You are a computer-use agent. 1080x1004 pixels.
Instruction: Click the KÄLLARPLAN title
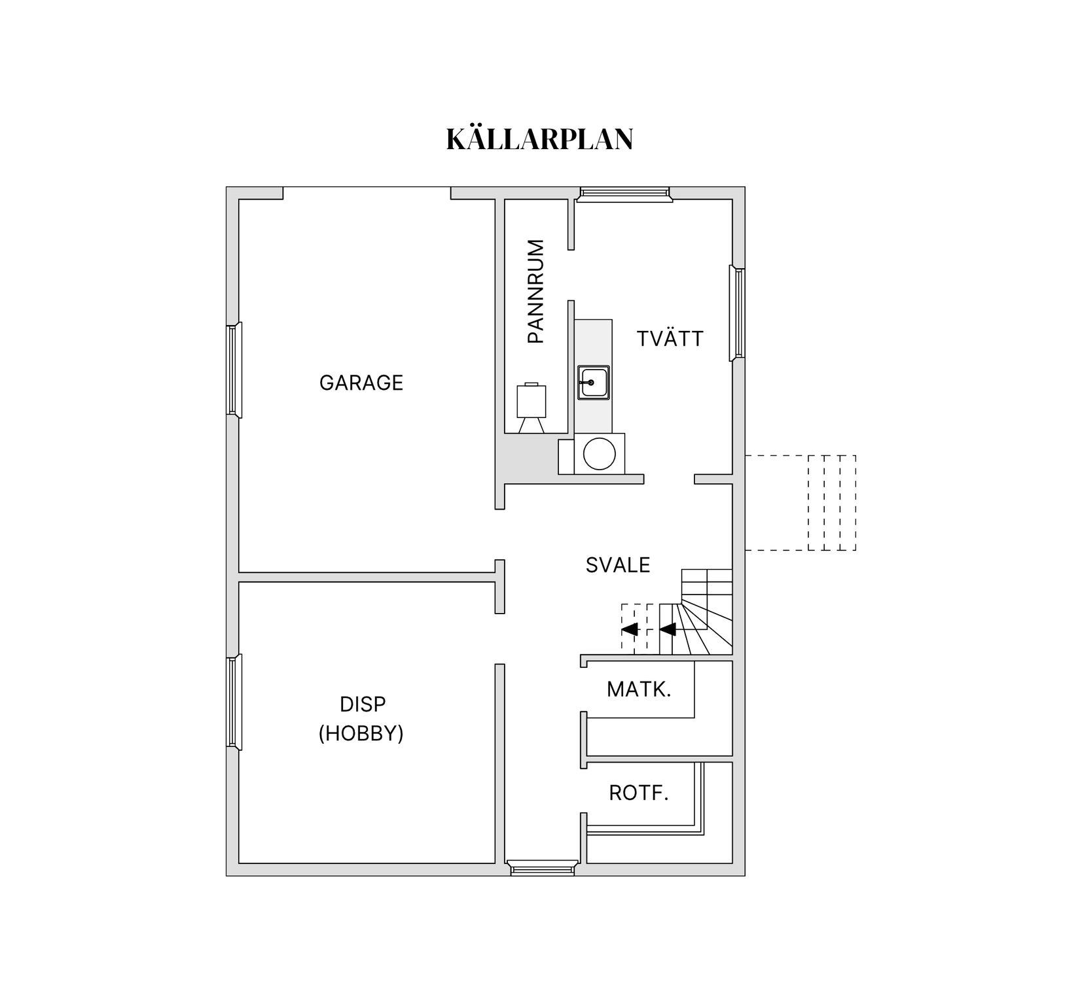[539, 139]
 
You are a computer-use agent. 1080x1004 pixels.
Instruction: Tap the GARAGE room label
[361, 383]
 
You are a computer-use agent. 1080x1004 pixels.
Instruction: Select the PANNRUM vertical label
[535, 291]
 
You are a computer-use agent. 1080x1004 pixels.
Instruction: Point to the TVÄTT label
[670, 339]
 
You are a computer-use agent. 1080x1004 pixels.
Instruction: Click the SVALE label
[618, 565]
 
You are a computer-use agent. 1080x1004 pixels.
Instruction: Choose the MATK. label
[639, 689]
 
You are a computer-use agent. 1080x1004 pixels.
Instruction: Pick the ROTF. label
[639, 793]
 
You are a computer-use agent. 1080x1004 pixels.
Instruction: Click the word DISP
[363, 704]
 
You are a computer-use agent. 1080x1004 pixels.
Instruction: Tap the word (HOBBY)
[361, 734]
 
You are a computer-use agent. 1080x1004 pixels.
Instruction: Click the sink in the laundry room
[593, 382]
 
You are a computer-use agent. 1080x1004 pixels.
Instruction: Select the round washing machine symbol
[599, 454]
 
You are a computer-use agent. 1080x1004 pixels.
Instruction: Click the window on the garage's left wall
[234, 370]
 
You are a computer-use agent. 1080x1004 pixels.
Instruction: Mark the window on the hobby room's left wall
[234, 701]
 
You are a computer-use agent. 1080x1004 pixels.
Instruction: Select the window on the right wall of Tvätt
[738, 313]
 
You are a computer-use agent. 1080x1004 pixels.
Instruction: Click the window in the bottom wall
[543, 869]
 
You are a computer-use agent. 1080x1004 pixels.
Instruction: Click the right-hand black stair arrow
[668, 629]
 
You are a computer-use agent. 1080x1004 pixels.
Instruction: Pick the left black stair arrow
[630, 629]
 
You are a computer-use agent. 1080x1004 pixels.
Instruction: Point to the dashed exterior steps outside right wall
[831, 502]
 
